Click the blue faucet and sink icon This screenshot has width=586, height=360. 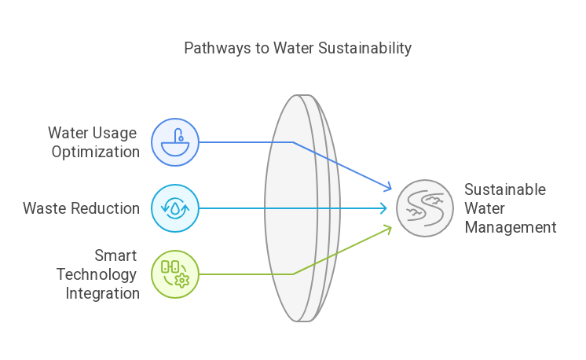tap(174, 142)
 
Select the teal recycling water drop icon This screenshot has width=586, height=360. tap(174, 208)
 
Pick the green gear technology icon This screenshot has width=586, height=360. tap(174, 274)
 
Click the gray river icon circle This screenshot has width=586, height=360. tap(424, 208)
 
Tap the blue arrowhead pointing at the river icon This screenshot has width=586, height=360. tap(386, 188)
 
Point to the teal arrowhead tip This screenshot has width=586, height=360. tap(384, 208)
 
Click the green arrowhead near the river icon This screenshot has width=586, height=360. tap(386, 229)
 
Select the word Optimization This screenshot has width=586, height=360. tap(96, 152)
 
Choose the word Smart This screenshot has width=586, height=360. tap(115, 255)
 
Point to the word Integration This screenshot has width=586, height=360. tap(103, 293)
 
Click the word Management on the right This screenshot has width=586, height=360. tap(510, 228)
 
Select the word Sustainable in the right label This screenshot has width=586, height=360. tap(504, 190)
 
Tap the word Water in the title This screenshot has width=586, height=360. tap(295, 49)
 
